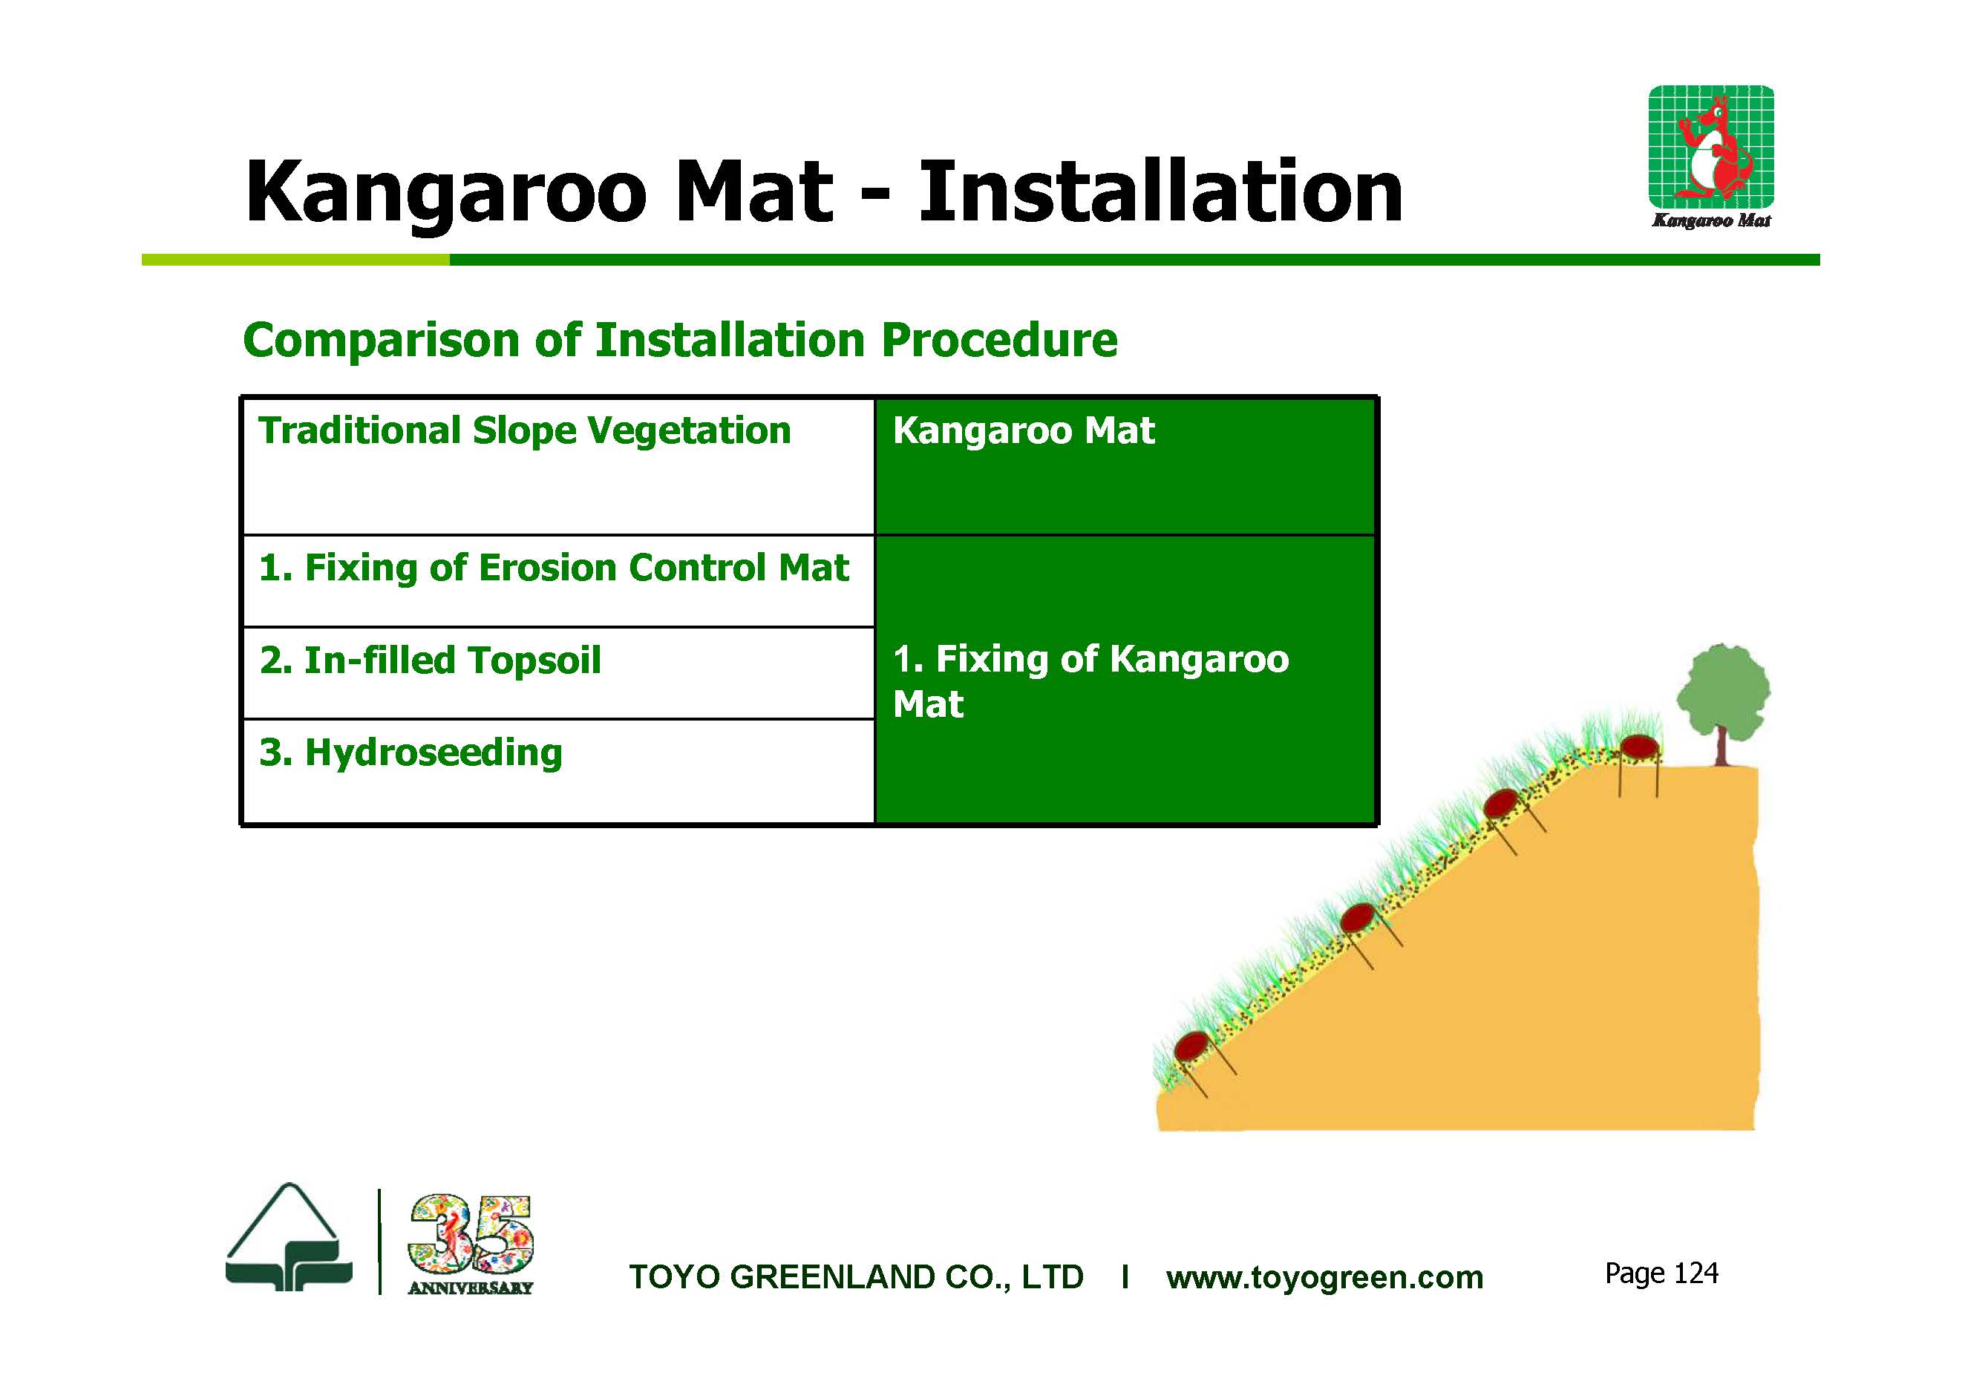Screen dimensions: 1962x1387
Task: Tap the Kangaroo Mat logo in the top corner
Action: (x=1711, y=157)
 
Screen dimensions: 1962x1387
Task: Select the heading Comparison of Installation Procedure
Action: (x=680, y=340)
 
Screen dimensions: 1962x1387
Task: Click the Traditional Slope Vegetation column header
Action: (x=525, y=430)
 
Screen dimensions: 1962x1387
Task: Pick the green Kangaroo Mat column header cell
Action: (x=1125, y=466)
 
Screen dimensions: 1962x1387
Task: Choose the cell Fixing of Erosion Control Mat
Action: (x=555, y=568)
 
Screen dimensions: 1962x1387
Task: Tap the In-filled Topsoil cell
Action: (x=430, y=660)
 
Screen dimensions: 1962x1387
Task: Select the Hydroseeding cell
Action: (x=411, y=752)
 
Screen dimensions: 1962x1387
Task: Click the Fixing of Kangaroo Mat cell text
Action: (x=1090, y=681)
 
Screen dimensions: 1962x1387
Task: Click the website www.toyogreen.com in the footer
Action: (x=1324, y=1278)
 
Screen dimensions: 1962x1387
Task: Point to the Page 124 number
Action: (x=1661, y=1273)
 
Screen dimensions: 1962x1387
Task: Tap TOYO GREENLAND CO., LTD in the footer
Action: (x=856, y=1278)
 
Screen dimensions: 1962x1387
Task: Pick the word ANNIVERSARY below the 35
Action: (x=471, y=1288)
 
